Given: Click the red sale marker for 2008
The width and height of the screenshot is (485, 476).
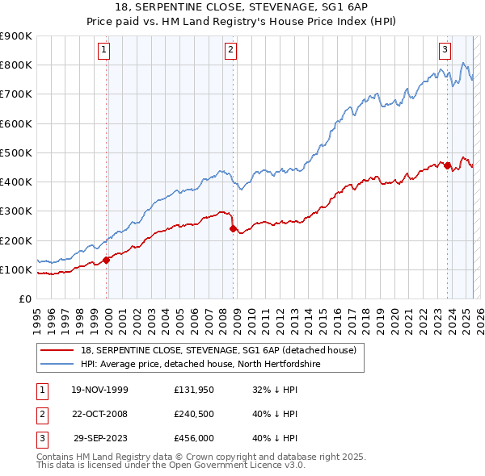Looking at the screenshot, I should [234, 228].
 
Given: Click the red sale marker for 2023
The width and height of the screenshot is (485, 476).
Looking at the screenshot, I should [447, 165].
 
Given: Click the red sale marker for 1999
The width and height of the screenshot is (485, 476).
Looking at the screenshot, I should [107, 260].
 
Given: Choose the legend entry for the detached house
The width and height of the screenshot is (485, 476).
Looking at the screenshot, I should [223, 350].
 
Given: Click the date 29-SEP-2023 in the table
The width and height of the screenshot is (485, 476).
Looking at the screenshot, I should [100, 438].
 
